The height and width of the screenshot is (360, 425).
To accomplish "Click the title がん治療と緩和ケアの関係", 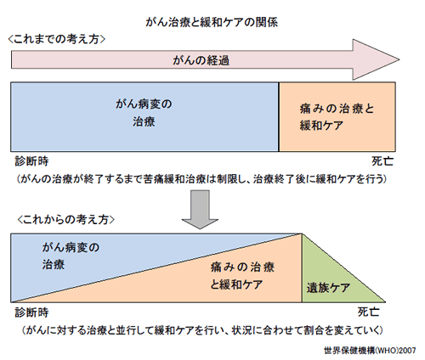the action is tap(212, 22).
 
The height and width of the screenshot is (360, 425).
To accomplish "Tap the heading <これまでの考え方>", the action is tap(57, 39).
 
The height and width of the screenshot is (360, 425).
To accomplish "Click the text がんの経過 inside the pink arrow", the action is tap(201, 60).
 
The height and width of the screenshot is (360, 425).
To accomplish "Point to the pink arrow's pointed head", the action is tap(399, 59).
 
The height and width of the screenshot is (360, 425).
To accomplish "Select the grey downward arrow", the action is tap(200, 209).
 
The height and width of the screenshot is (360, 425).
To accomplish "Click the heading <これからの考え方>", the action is tap(66, 219).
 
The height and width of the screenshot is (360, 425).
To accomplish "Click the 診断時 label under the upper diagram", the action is tap(31, 161).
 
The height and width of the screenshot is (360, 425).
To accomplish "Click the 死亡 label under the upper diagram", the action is tap(382, 161).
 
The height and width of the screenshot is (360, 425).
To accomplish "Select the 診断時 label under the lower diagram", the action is tap(31, 312).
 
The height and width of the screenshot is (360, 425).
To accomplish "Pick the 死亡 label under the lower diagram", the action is tap(368, 312).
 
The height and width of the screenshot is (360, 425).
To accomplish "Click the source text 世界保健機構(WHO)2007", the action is tap(370, 351).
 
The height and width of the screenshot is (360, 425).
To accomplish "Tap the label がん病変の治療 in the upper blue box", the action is tap(144, 113).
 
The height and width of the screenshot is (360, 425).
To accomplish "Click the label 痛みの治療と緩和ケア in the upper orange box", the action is tap(337, 117).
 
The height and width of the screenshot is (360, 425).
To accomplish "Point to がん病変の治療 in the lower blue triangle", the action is tap(71, 256).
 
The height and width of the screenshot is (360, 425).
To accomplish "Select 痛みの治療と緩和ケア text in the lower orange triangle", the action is tap(242, 276).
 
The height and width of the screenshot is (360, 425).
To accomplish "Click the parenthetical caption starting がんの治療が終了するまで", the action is tap(202, 179).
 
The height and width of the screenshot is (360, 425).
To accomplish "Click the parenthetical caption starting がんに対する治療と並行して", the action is tap(203, 330).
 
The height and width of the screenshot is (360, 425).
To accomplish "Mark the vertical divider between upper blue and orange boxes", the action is tap(279, 117).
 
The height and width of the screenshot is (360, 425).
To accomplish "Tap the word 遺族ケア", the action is tap(328, 288).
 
